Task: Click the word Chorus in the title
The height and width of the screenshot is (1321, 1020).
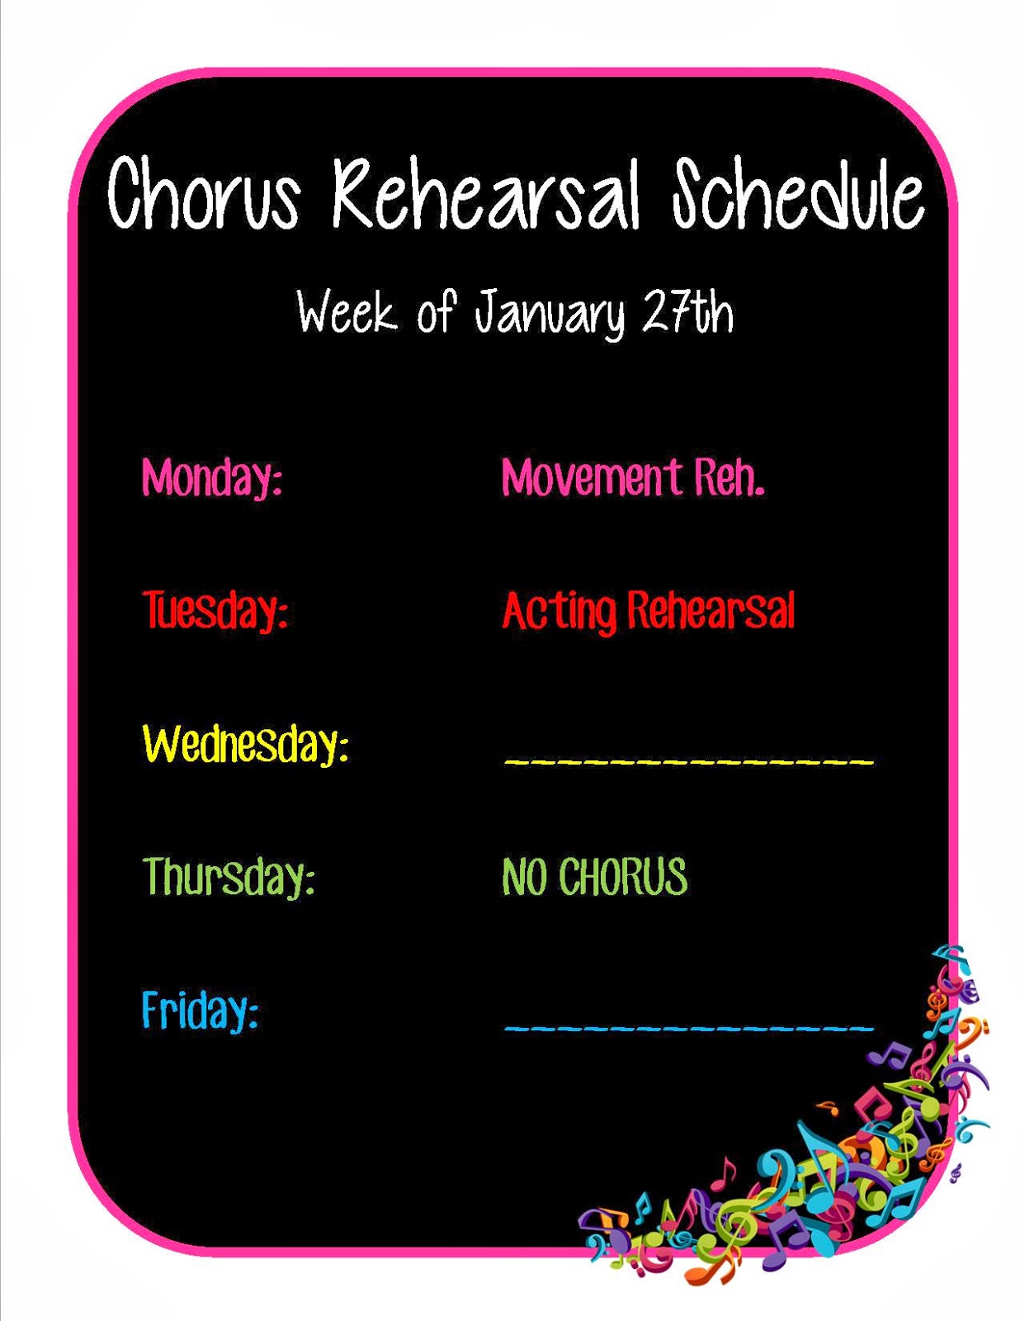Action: [x=204, y=194]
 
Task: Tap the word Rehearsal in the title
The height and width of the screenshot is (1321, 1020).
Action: [x=487, y=194]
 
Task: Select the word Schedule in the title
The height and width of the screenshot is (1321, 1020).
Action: [x=798, y=194]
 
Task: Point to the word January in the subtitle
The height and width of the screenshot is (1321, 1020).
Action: [x=550, y=315]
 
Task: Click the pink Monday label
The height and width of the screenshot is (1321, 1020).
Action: [x=212, y=478]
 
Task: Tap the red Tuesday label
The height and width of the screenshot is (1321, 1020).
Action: [x=215, y=610]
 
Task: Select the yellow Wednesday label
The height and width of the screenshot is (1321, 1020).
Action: [x=245, y=744]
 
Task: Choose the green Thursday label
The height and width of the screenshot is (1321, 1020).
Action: [x=229, y=877]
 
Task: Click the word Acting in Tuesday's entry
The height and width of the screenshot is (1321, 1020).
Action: [x=559, y=610]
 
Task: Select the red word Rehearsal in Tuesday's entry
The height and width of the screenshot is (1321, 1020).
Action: [x=711, y=609]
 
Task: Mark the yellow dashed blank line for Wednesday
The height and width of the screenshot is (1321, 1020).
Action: [x=689, y=760]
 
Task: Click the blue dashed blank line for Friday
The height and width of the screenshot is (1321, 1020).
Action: [x=689, y=1027]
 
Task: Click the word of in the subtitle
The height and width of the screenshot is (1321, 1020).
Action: [x=436, y=312]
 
